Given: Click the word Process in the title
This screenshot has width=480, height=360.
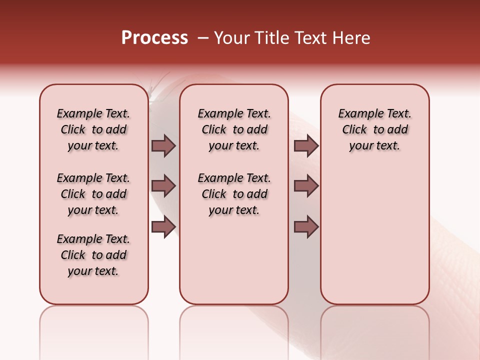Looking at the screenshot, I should (x=154, y=38).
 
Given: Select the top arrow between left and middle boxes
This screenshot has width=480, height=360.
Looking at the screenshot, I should (x=163, y=146).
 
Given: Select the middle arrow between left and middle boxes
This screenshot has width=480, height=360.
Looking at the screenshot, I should (x=163, y=186).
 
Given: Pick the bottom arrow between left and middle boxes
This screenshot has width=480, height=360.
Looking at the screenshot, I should (x=163, y=227).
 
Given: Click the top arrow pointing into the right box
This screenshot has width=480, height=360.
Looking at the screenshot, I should (x=306, y=146).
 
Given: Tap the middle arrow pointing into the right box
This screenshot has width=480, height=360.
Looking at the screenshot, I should (x=306, y=186).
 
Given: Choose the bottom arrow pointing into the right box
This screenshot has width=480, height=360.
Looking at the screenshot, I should (x=306, y=227).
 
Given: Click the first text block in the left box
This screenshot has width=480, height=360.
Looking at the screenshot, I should (x=93, y=129).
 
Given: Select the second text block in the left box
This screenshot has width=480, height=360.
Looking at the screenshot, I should (x=93, y=194).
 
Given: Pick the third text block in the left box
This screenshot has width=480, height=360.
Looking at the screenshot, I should (x=93, y=255).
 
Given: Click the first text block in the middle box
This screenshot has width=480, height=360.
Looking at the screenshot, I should (x=234, y=129).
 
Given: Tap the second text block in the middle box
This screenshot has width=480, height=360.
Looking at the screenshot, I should (x=234, y=194).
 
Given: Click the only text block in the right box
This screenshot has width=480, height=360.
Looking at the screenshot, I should (x=374, y=129).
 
